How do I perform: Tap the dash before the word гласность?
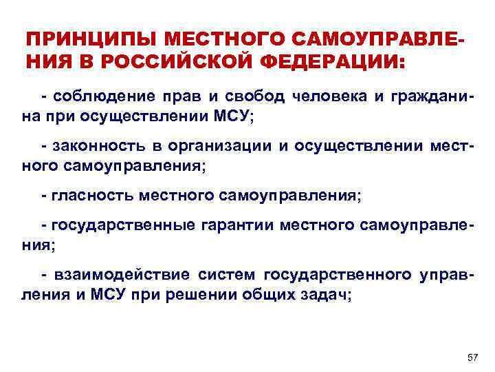point(45,196)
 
